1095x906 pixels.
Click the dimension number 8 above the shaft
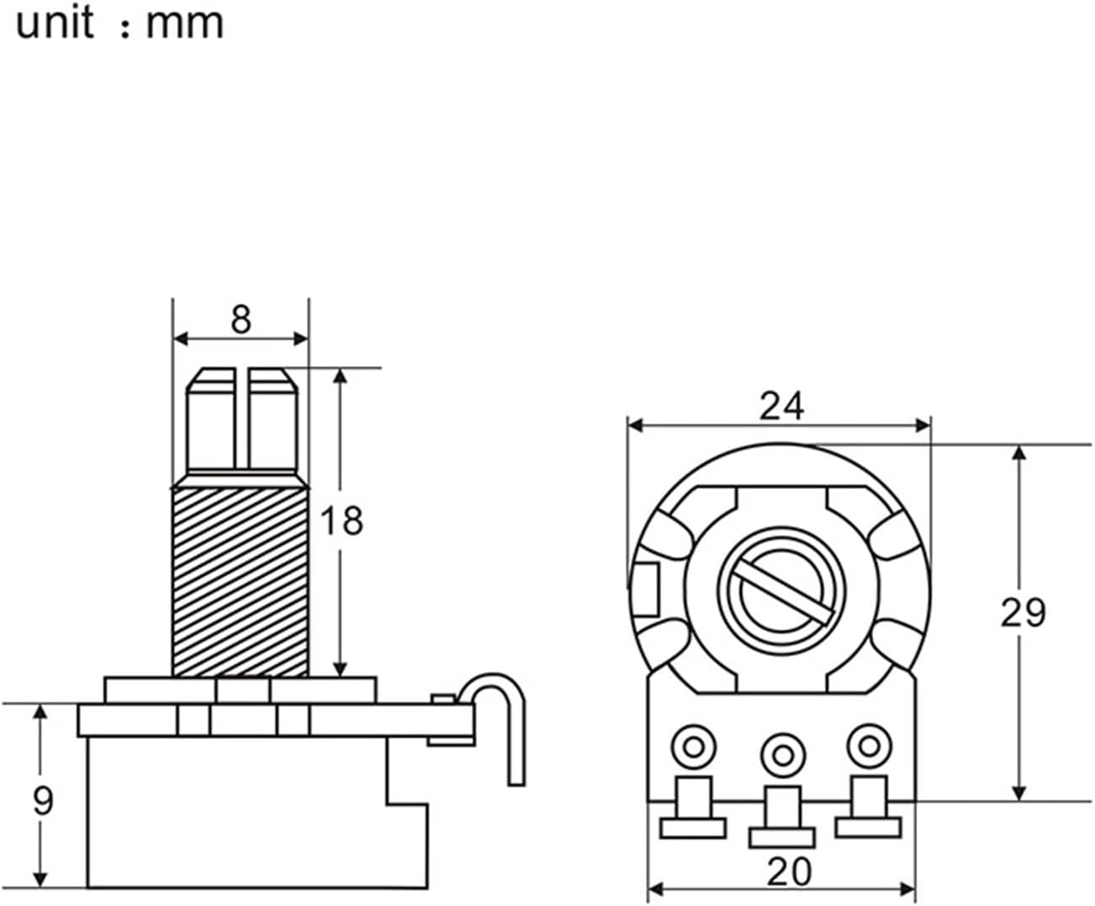point(241,319)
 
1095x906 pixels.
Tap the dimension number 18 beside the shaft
point(341,520)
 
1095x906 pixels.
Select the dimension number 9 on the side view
point(43,801)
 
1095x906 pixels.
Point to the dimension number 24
point(781,406)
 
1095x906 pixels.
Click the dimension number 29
point(1023,612)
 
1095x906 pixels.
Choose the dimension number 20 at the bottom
point(789,871)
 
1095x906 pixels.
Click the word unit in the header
point(55,23)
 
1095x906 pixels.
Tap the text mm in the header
point(185,24)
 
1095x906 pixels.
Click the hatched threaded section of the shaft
point(240,581)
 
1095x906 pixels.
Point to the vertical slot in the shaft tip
point(242,418)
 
